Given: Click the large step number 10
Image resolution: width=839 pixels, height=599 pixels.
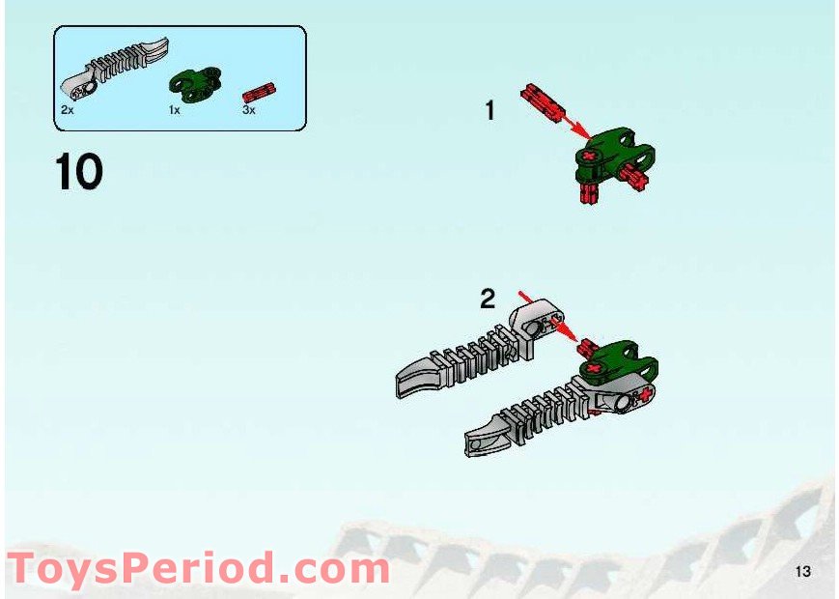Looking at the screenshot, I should click(x=79, y=172).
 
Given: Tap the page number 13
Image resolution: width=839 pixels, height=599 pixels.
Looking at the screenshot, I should click(x=803, y=571).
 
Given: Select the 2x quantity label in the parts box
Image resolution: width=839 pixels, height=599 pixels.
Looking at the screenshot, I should click(x=67, y=111).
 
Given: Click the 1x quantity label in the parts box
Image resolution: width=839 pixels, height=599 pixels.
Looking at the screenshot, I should click(x=175, y=111).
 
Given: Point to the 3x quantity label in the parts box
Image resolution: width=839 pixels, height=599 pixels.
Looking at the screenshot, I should click(x=249, y=111).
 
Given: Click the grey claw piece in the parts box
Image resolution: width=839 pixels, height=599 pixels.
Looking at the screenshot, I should click(x=115, y=68).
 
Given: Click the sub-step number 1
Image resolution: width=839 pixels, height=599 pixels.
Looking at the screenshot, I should click(x=489, y=111).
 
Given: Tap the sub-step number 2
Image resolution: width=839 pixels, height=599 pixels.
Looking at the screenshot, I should click(x=488, y=299).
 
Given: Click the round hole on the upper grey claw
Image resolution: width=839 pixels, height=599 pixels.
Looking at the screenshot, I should click(x=533, y=328).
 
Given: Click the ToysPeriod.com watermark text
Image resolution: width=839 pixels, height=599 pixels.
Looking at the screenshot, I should click(x=198, y=568).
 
